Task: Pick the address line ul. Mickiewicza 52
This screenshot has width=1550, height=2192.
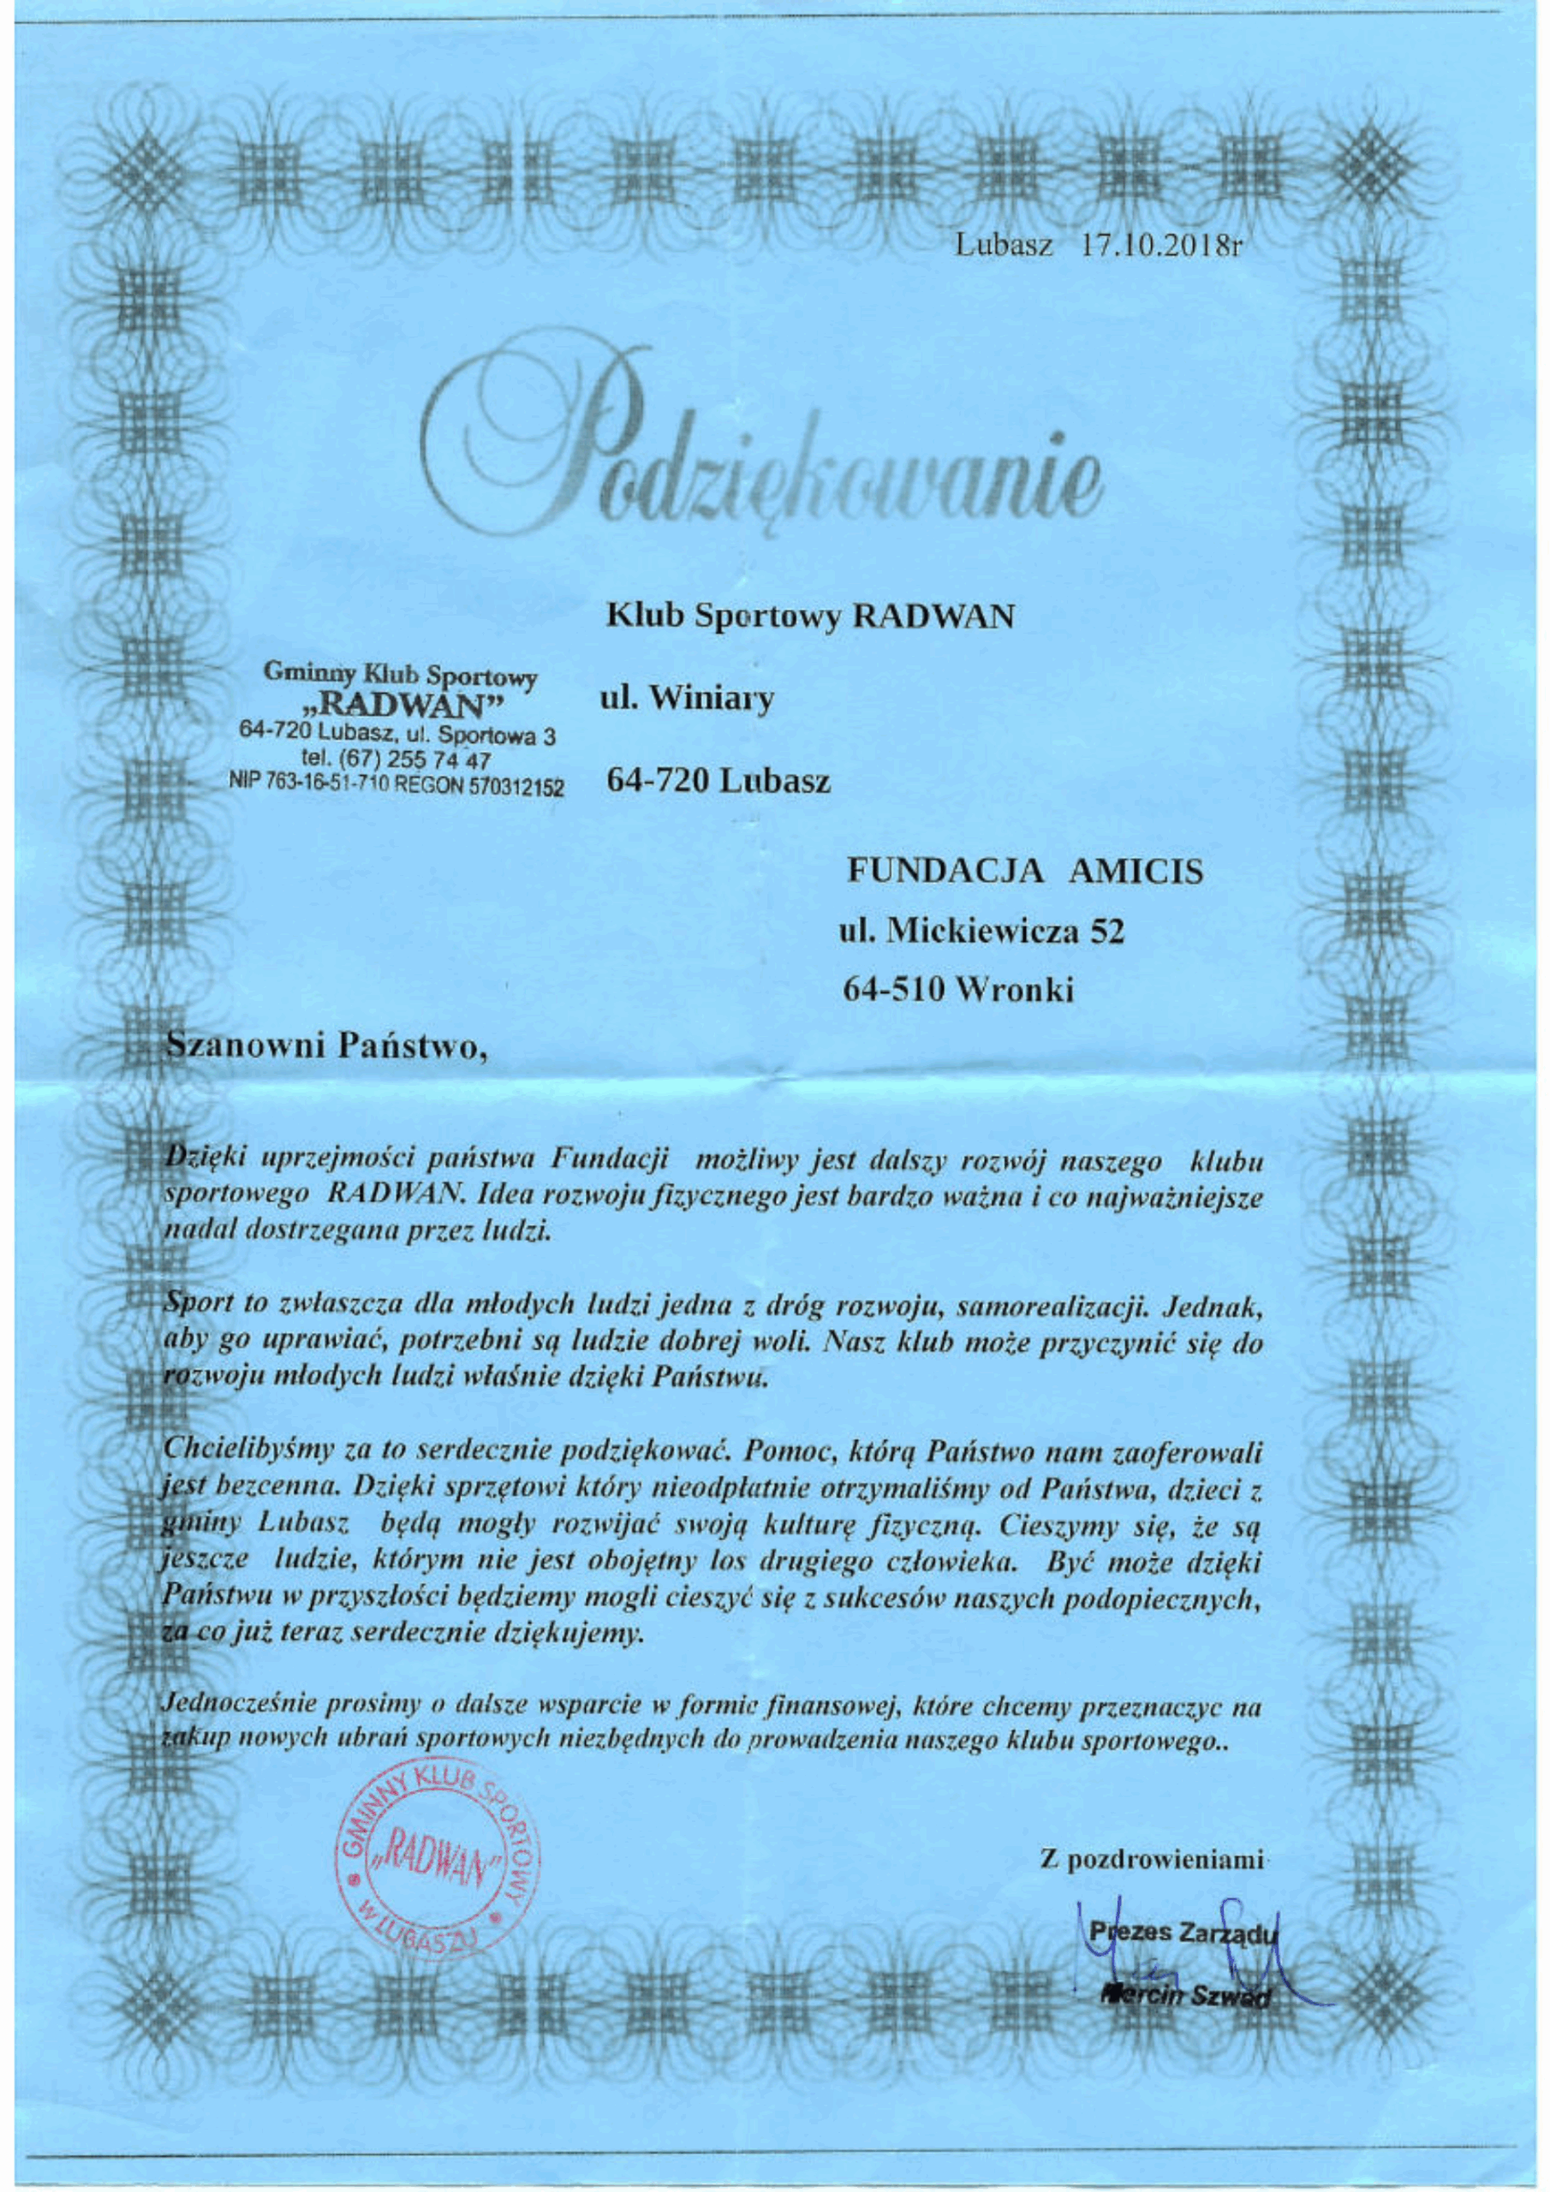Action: pos(981,932)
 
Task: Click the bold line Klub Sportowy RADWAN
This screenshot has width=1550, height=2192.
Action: pos(810,617)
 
